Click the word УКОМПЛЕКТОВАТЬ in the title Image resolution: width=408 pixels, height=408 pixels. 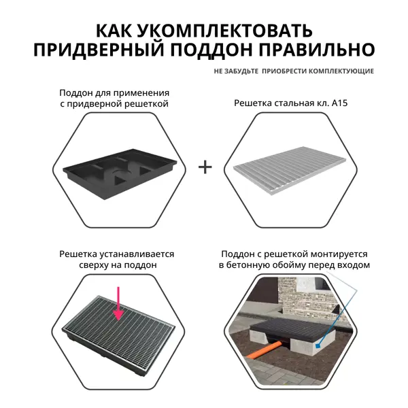tap(224, 31)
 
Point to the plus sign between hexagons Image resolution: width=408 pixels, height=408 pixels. tap(205, 167)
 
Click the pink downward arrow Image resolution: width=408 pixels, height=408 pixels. tap(118, 304)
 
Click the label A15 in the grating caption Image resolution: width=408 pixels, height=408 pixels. tap(339, 103)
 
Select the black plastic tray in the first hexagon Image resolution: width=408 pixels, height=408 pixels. tap(120, 173)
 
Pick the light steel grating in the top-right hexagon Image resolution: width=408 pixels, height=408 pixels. tap(290, 170)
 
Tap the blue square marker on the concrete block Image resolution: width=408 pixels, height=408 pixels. tap(317, 346)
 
